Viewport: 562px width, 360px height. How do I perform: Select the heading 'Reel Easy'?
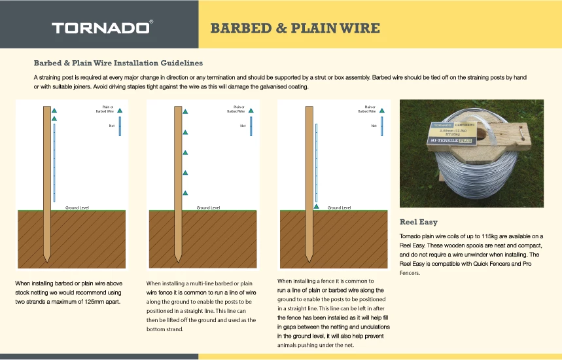pyautogui.click(x=419, y=222)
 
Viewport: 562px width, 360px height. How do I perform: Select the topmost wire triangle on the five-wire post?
pyautogui.click(x=185, y=111)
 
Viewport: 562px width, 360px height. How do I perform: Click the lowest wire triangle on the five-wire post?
pyautogui.click(x=185, y=192)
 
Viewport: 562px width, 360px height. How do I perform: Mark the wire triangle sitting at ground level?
pyautogui.click(x=316, y=206)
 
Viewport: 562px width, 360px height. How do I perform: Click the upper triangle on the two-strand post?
pyautogui.click(x=54, y=109)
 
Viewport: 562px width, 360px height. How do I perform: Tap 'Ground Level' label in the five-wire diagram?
pyautogui.click(x=207, y=207)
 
